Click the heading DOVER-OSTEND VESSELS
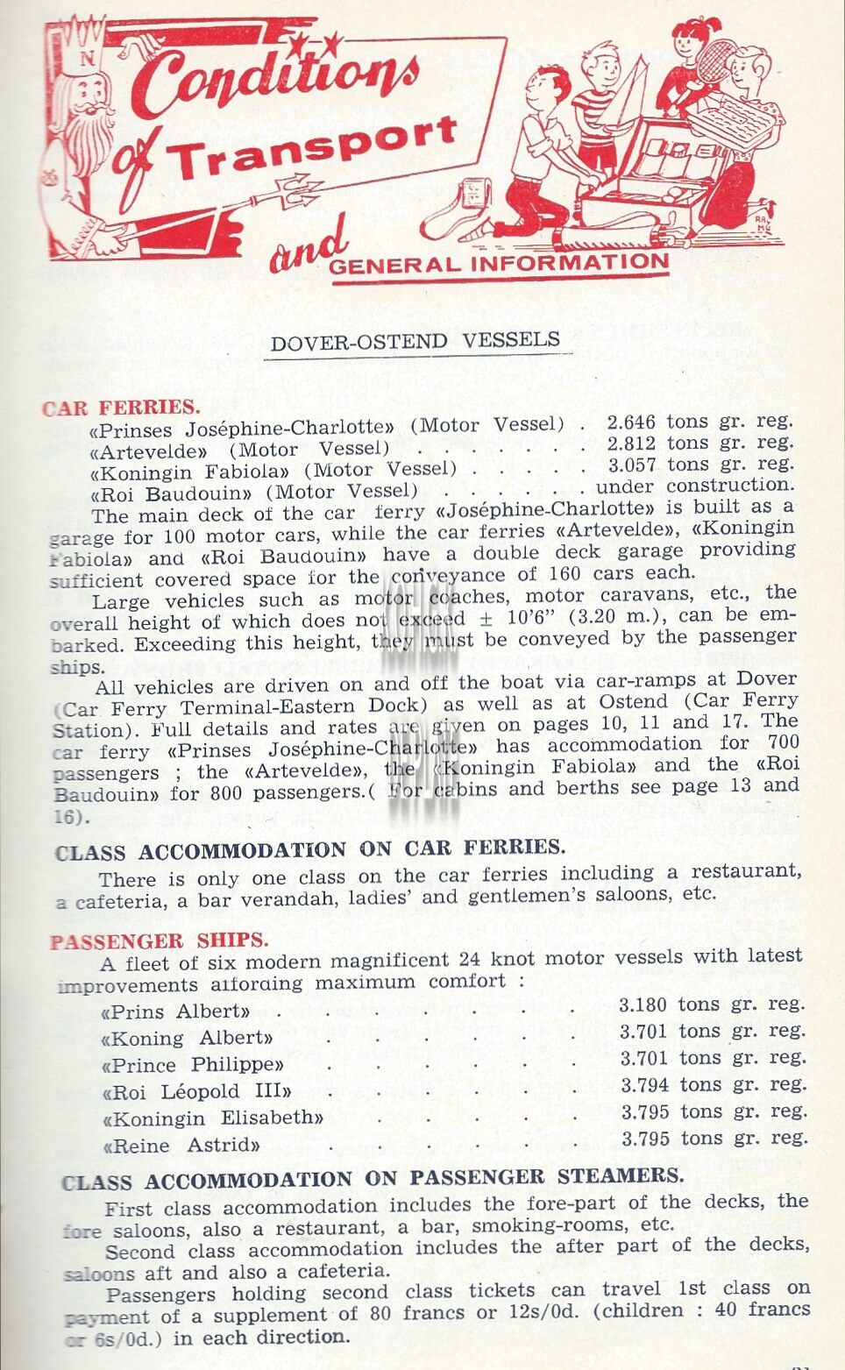pyautogui.click(x=415, y=341)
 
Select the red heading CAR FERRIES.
pyautogui.click(x=121, y=408)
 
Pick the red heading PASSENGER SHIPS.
pyautogui.click(x=159, y=941)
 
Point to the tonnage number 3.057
pyautogui.click(x=631, y=465)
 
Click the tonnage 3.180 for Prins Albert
pyautogui.click(x=643, y=1004)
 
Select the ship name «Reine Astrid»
pyautogui.click(x=181, y=1145)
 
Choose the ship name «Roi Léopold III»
pyautogui.click(x=196, y=1092)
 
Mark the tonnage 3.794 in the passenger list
pyautogui.click(x=644, y=1085)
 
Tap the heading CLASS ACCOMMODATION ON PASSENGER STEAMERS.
pyautogui.click(x=372, y=1178)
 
